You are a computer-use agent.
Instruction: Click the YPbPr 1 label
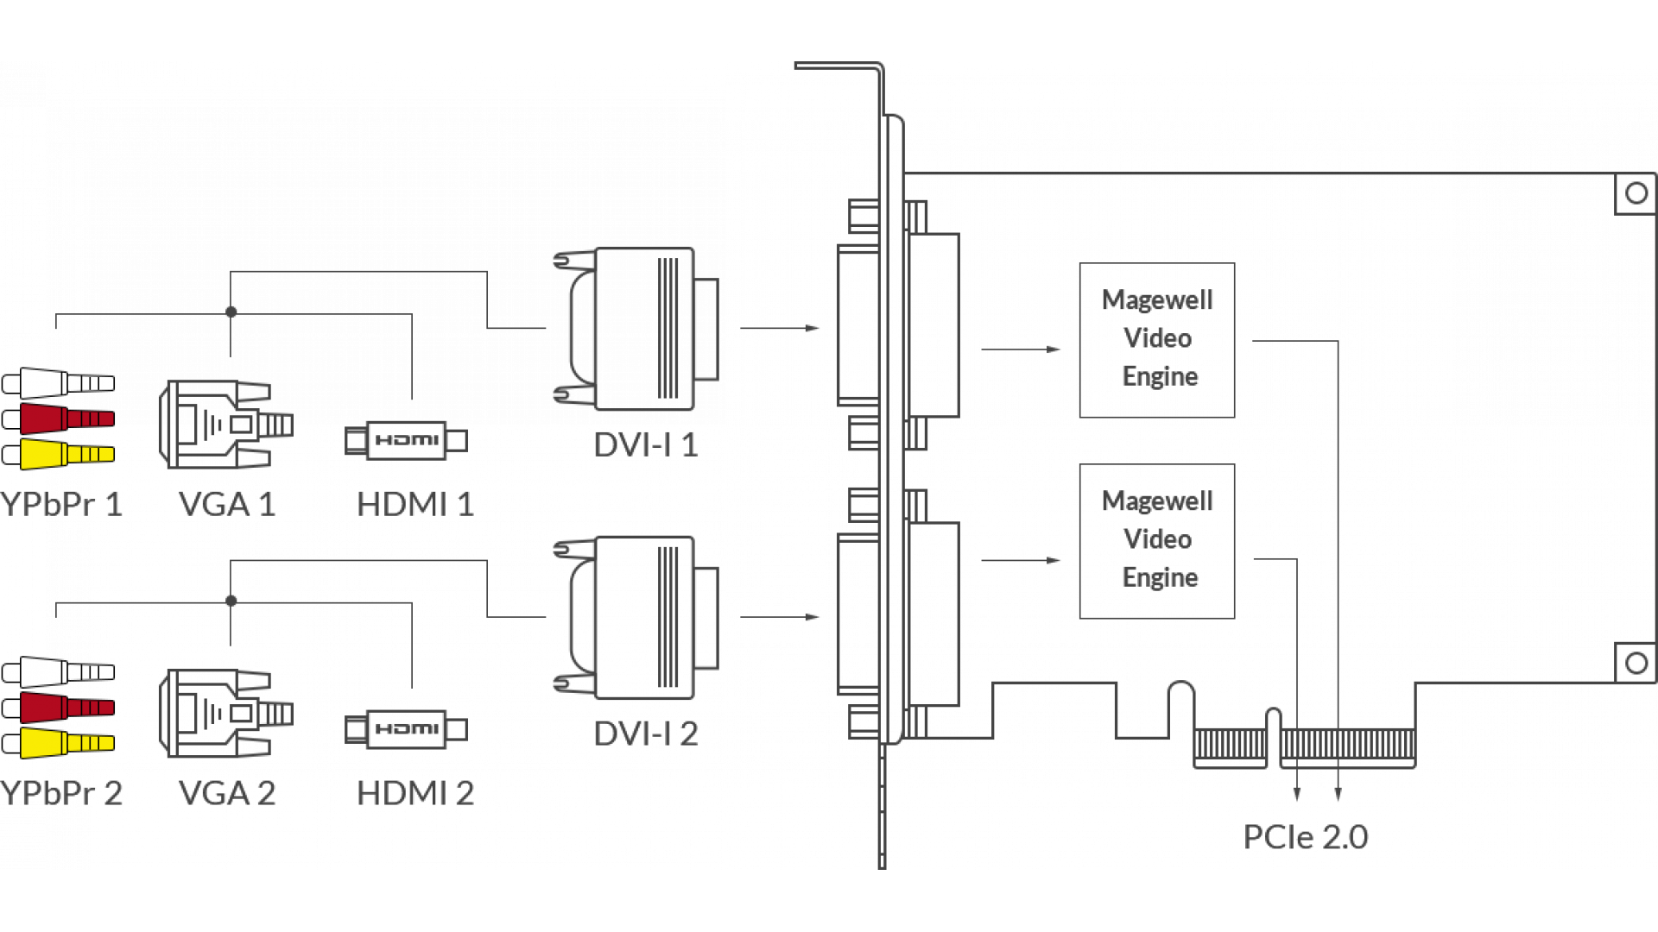click(62, 505)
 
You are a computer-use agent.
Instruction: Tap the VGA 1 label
click(226, 505)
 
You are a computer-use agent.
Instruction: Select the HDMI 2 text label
click(415, 794)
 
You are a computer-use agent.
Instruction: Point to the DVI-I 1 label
click(645, 445)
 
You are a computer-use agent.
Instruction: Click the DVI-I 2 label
click(645, 734)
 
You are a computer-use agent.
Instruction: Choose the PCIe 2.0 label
click(1305, 837)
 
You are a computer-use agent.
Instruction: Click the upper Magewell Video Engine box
click(1156, 340)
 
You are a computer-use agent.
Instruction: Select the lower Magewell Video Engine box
click(1156, 541)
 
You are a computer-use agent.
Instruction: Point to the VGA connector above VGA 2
click(225, 713)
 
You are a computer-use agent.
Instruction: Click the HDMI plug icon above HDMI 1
click(406, 440)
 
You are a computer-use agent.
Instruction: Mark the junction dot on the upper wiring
click(231, 312)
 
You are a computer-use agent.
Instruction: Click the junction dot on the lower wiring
click(231, 601)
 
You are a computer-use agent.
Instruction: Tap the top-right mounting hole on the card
click(1636, 193)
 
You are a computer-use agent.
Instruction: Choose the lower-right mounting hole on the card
click(1636, 663)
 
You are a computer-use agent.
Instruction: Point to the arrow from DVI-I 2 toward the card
click(780, 617)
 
